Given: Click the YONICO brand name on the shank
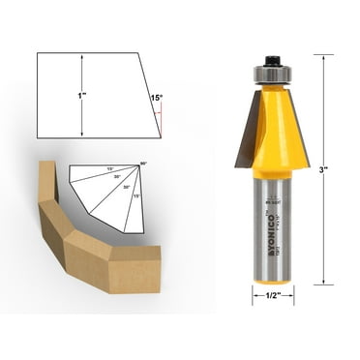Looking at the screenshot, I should click(x=266, y=233).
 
